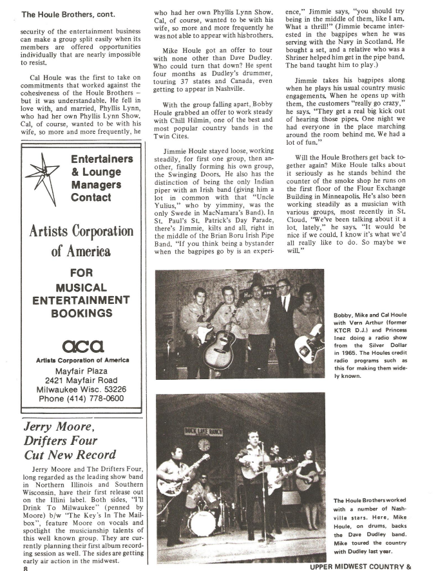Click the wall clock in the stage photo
click(204, 444)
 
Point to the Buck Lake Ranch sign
click(202, 429)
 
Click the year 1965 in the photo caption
click(347, 353)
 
